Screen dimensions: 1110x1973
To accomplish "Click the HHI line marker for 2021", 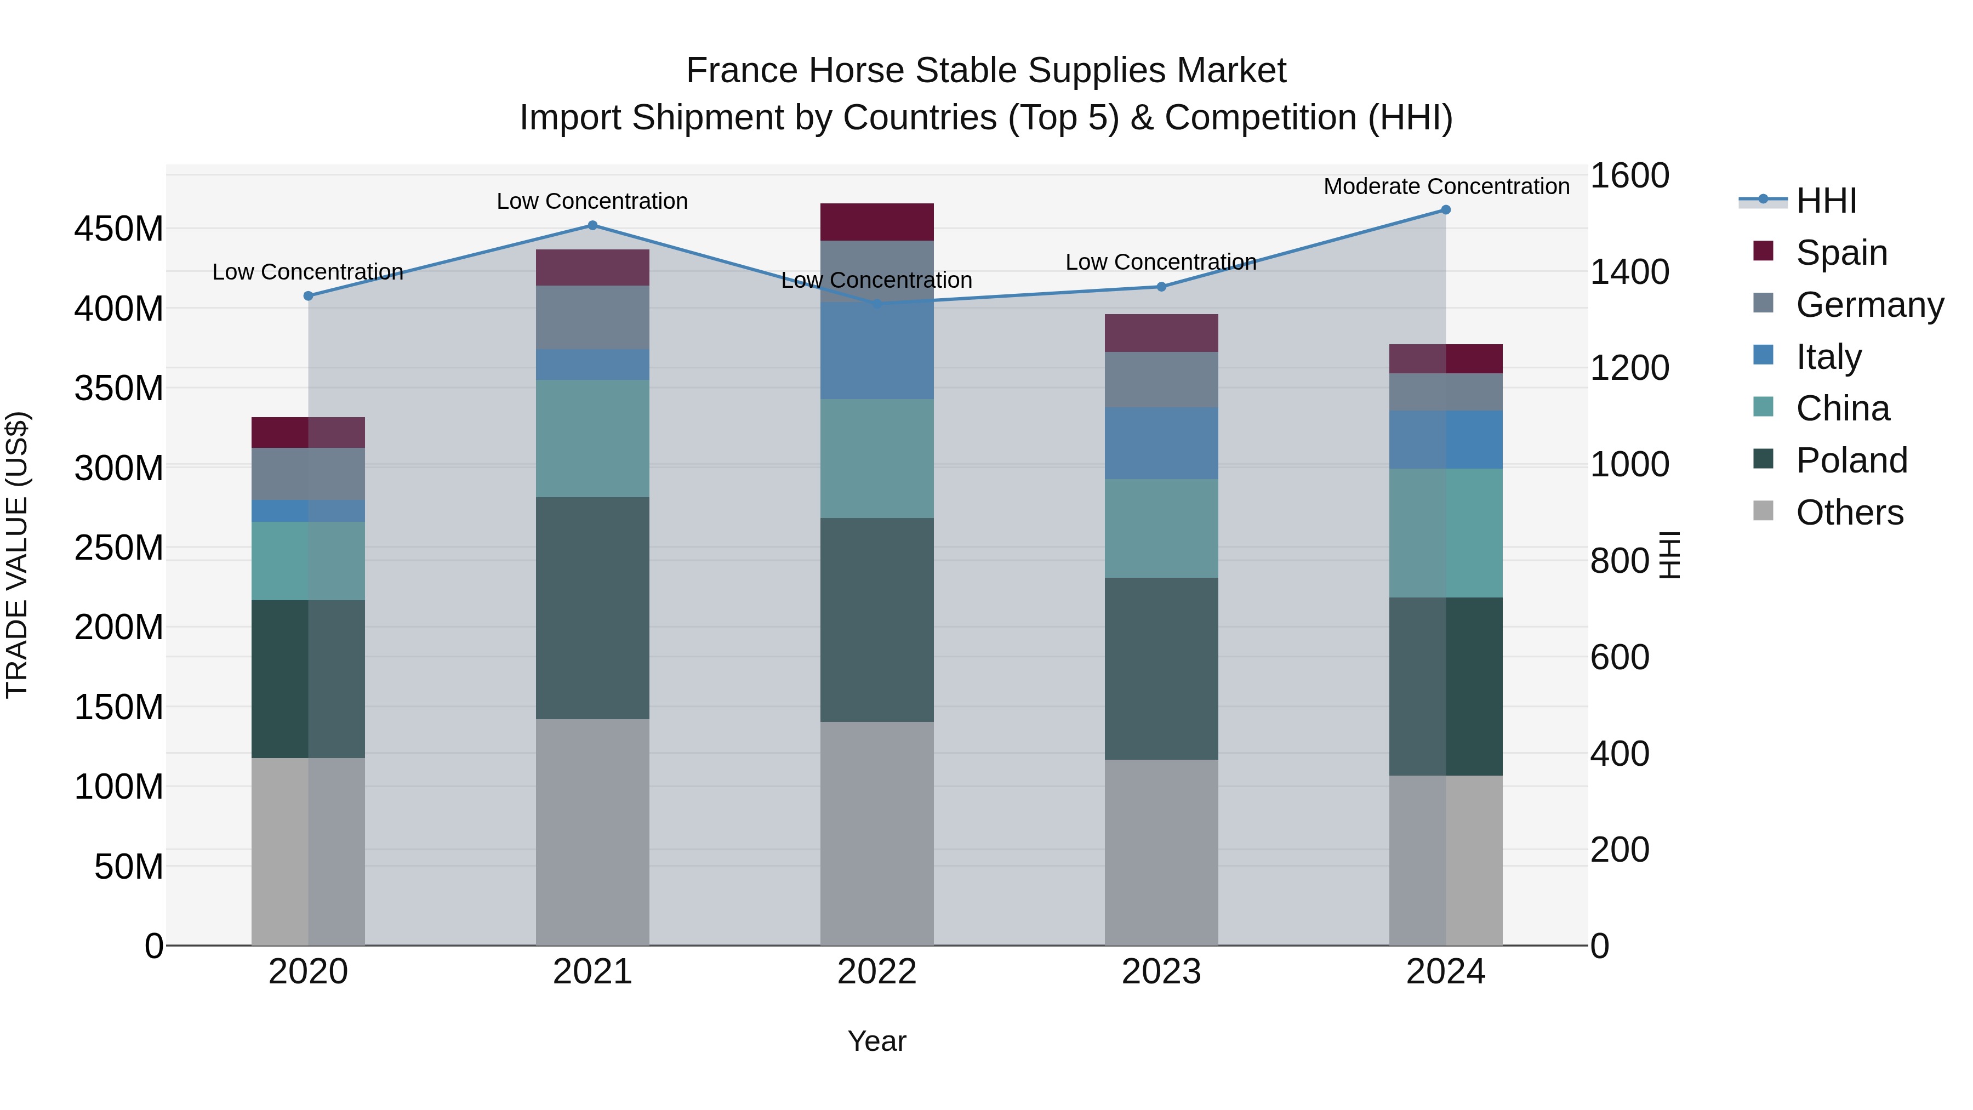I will (592, 225).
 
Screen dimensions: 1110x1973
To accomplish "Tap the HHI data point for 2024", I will (1445, 210).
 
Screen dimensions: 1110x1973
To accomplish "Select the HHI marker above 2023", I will (1161, 287).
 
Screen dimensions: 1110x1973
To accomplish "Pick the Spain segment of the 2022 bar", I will (877, 222).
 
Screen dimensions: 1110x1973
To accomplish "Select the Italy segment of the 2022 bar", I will (877, 350).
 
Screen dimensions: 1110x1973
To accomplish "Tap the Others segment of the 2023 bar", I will (1161, 852).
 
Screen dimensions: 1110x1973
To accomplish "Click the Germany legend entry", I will (1869, 305).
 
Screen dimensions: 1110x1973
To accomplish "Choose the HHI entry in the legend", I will (1826, 201).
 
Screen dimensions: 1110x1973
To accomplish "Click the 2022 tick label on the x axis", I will (877, 972).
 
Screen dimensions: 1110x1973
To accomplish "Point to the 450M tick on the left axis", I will (119, 229).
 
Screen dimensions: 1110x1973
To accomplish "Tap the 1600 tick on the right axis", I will (1629, 175).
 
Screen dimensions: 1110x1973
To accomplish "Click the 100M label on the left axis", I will (119, 787).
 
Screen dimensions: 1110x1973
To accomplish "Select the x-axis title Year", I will (877, 1041).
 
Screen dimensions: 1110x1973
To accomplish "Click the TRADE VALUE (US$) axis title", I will (17, 555).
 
